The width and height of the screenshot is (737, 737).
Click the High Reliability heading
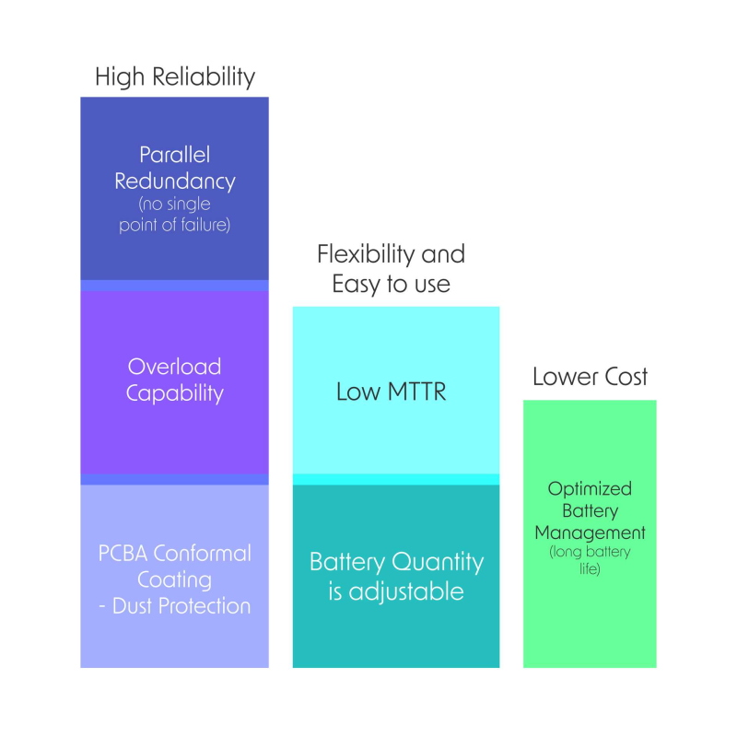[175, 77]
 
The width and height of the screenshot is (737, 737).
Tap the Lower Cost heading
[590, 377]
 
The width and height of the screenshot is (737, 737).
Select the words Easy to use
[391, 284]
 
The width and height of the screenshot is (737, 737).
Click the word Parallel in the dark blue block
[174, 155]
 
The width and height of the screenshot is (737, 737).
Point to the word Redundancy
[175, 181]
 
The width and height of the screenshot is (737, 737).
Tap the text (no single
[174, 205]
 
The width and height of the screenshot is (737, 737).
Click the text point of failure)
[174, 225]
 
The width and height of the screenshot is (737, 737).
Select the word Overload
[174, 367]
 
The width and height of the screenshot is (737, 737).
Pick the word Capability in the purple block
[175, 393]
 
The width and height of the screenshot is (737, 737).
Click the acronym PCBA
[123, 554]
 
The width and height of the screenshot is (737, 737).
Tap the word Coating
[174, 580]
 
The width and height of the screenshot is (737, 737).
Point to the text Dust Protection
[181, 606]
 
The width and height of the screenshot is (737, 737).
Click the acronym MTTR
[417, 392]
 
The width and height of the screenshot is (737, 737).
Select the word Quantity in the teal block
[437, 562]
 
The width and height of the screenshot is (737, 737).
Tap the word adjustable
[406, 591]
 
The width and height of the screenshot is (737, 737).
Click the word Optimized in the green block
[590, 489]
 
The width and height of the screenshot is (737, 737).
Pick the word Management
[590, 533]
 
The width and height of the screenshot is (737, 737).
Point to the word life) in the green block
[590, 568]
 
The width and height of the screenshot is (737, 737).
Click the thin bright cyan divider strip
[396, 479]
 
